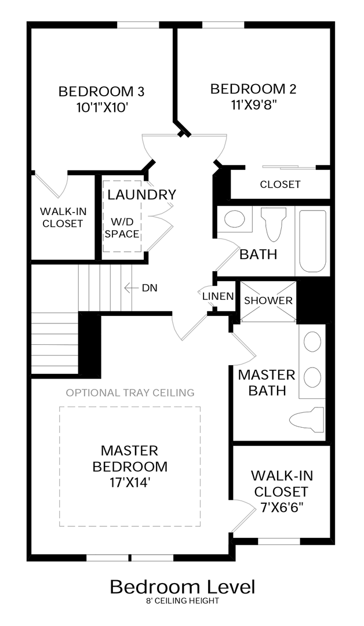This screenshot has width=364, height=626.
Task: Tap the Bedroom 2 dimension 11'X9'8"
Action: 253,104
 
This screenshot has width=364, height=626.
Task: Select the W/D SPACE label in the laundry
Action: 122,228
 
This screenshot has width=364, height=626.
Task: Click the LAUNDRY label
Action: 141,194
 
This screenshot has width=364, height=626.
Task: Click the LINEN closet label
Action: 217,296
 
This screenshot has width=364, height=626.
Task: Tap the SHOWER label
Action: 268,300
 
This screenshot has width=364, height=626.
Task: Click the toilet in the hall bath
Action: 274,224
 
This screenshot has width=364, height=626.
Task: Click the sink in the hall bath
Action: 234,219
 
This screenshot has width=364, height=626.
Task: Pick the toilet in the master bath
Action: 306,419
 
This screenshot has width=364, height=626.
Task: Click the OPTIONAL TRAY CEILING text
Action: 130,392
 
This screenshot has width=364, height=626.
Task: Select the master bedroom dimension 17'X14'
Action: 130,482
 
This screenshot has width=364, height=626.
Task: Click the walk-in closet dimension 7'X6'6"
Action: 282,507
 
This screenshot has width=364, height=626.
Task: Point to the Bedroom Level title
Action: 183,587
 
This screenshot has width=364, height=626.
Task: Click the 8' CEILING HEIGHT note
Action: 183,600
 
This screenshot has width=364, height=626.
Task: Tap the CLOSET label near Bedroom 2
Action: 280,184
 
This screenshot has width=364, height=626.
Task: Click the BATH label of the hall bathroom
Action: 259,254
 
